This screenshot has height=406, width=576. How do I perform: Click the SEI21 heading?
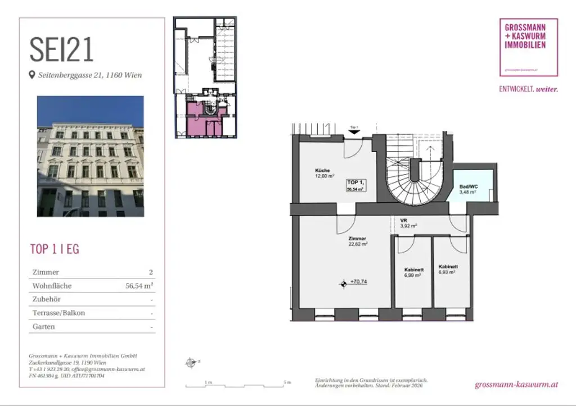click(x=62, y=49)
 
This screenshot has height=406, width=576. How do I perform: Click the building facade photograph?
click(x=90, y=156)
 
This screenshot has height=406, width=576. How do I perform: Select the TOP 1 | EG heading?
click(x=54, y=249)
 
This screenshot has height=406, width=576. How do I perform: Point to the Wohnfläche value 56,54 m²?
click(x=139, y=286)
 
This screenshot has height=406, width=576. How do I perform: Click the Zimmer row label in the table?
click(x=46, y=272)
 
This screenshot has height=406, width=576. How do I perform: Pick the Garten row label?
click(x=44, y=326)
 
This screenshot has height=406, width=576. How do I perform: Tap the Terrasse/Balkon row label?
click(x=58, y=313)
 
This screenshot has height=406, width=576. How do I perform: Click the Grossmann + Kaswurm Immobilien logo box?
click(x=528, y=47)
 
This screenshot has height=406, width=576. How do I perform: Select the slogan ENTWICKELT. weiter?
click(x=528, y=89)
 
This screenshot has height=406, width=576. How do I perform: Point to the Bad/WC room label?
click(x=467, y=189)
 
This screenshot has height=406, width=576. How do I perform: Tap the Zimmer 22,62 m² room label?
click(x=357, y=241)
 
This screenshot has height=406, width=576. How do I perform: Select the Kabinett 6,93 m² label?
click(x=448, y=269)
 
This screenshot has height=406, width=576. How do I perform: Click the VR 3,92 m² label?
click(x=408, y=223)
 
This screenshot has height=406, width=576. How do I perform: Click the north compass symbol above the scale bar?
click(x=190, y=363)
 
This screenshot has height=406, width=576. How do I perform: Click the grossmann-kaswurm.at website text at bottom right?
click(x=516, y=385)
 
